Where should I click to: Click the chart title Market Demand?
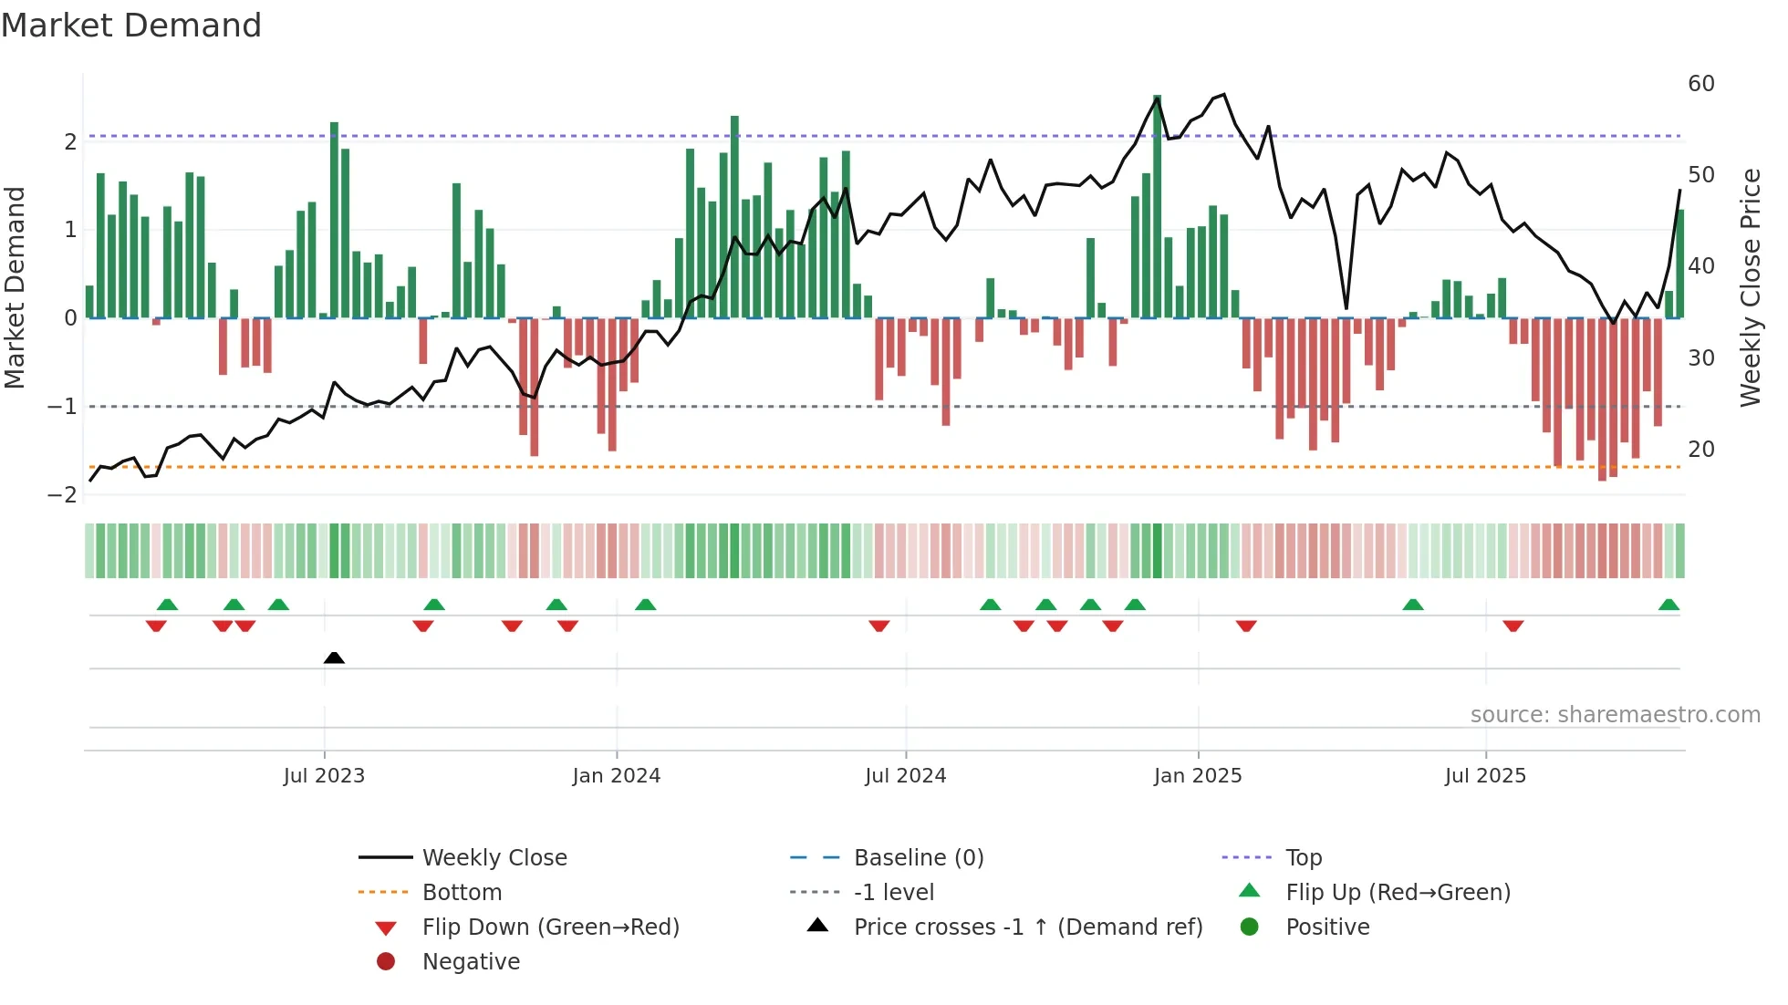tap(131, 26)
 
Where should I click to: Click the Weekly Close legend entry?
tap(494, 858)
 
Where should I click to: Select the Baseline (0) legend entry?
tap(918, 858)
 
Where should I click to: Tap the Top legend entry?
tap(1303, 858)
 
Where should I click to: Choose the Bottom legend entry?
tap(462, 893)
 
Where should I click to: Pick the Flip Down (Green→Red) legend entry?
tap(550, 927)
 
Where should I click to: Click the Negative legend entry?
tap(471, 962)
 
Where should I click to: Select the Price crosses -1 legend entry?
tap(1027, 927)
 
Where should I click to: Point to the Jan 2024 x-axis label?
tap(616, 776)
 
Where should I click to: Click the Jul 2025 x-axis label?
tap(1484, 776)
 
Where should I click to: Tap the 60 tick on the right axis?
tap(1700, 84)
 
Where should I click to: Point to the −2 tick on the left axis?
tap(62, 495)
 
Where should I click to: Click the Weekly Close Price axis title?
tap(1750, 287)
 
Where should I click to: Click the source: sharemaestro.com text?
tap(1615, 715)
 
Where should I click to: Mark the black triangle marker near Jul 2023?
tap(334, 658)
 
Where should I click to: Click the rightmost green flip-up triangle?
tap(1668, 605)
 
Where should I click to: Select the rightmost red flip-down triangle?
tap(1513, 626)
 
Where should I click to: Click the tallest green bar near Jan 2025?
tap(1158, 205)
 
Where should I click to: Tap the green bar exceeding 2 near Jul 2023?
tap(334, 219)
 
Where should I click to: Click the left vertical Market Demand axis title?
tap(15, 287)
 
